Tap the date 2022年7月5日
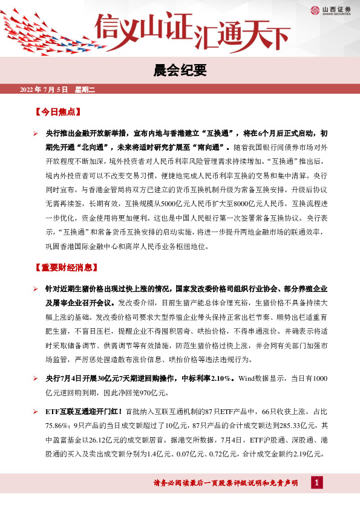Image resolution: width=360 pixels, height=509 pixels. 45,90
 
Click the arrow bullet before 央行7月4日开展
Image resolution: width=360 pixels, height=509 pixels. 36,378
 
